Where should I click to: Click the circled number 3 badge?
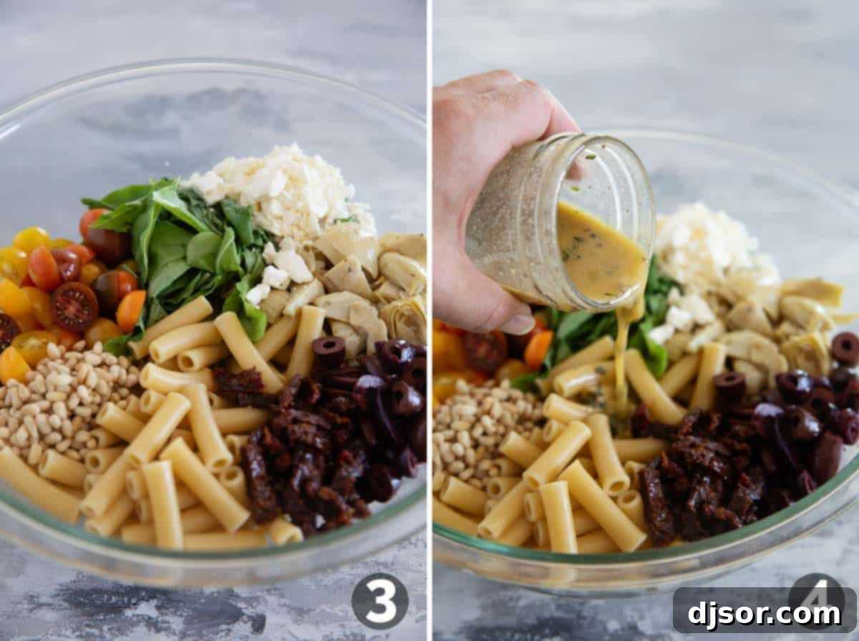pos(379,601)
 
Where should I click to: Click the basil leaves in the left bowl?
pos(179,244)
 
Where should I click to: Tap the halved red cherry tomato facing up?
pos(74,307)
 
